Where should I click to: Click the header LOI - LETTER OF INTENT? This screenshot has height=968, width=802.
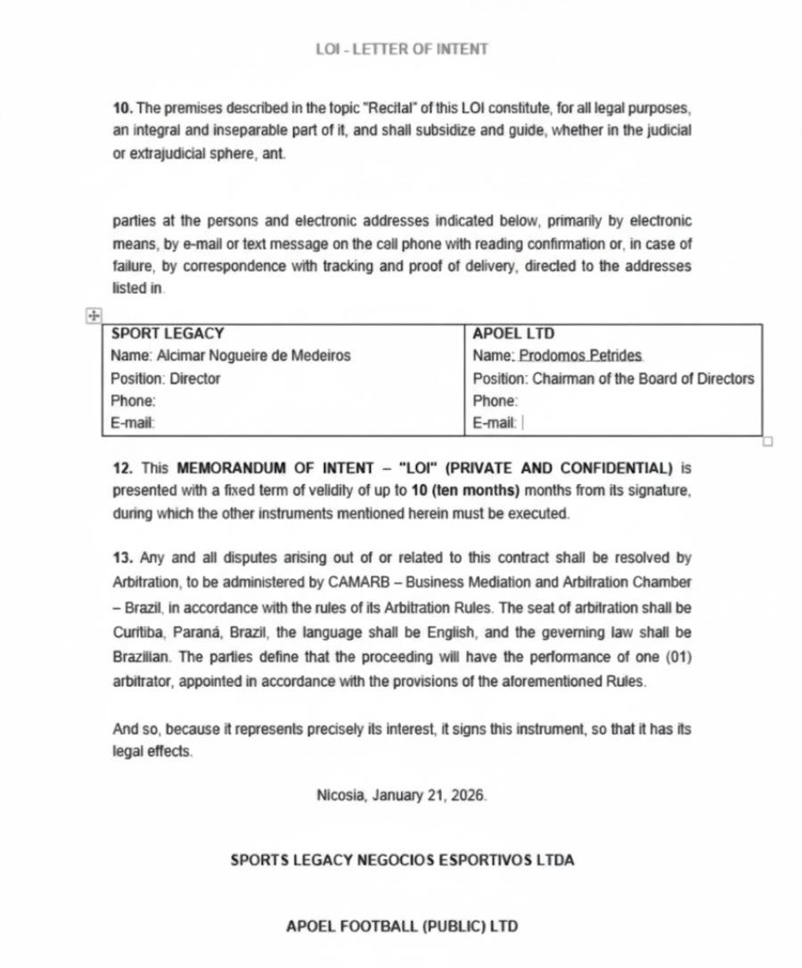(401, 49)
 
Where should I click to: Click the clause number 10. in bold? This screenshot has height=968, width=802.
(123, 108)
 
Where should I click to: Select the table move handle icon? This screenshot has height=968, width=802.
(94, 315)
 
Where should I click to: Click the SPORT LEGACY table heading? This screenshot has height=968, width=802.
(167, 333)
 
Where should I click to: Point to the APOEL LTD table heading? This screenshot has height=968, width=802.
(513, 333)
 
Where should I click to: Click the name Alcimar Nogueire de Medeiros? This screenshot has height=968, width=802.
(253, 356)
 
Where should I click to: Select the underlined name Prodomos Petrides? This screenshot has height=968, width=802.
(581, 356)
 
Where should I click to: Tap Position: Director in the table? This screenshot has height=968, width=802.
(165, 379)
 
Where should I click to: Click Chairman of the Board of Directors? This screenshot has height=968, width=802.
(642, 379)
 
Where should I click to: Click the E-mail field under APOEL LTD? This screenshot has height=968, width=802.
(495, 423)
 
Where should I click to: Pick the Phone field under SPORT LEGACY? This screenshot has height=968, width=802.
(133, 401)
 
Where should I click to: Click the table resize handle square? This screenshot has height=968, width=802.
(768, 440)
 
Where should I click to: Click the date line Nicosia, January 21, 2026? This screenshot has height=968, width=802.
(402, 795)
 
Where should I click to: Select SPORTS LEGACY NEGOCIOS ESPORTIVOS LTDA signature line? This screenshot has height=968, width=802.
(402, 860)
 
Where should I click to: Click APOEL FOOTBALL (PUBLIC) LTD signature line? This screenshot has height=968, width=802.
(402, 926)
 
